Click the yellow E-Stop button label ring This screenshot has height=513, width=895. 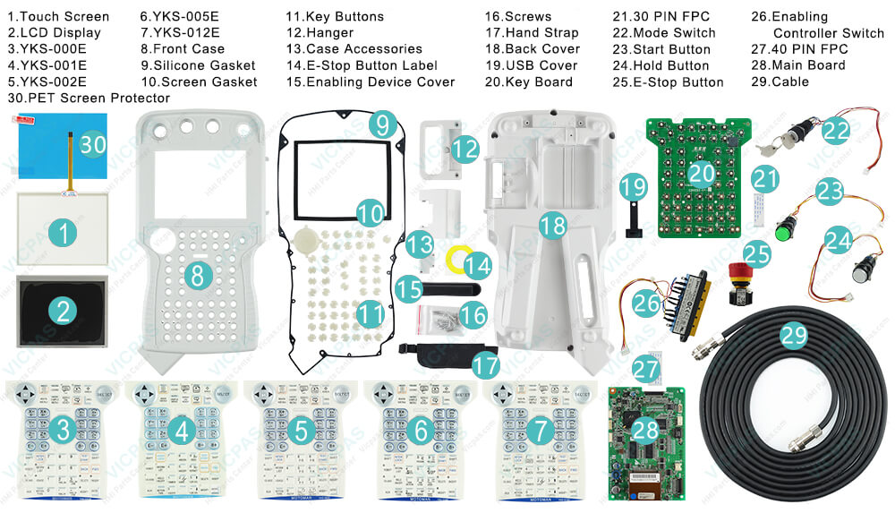point(456,261)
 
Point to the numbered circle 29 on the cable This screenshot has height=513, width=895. point(793,336)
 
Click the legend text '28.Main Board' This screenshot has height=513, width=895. point(797,65)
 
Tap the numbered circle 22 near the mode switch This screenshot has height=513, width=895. point(837,131)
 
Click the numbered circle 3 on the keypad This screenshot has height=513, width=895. point(62,431)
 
